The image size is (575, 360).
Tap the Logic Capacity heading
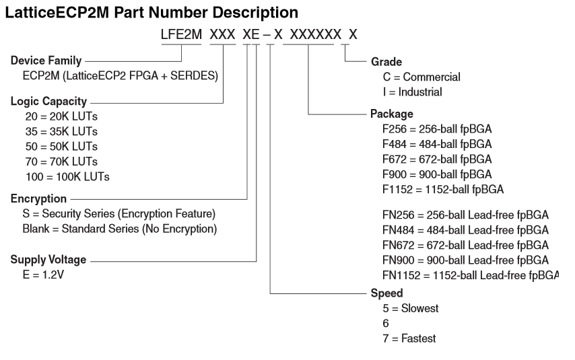pos(48,102)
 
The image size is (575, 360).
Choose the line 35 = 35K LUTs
pos(61,131)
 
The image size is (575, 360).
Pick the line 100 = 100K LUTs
pos(67,176)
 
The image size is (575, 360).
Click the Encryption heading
pos(38,200)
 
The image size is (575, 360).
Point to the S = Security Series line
pos(119,215)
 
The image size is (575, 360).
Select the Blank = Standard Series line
pos(119,229)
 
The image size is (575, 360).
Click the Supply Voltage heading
pos(48,260)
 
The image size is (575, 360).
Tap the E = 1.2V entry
pos(42,275)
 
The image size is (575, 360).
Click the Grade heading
pos(386,62)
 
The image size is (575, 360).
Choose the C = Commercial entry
pos(421,77)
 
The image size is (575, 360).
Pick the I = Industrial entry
pos(412,92)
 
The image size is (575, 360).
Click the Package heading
pos(392,114)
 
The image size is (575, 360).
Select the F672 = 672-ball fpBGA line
pos(436,159)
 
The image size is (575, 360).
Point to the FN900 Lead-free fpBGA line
pos(465,260)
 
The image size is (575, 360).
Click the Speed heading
pos(387,293)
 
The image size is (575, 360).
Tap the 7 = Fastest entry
pos(408,338)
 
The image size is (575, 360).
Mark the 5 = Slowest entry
pos(409,308)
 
